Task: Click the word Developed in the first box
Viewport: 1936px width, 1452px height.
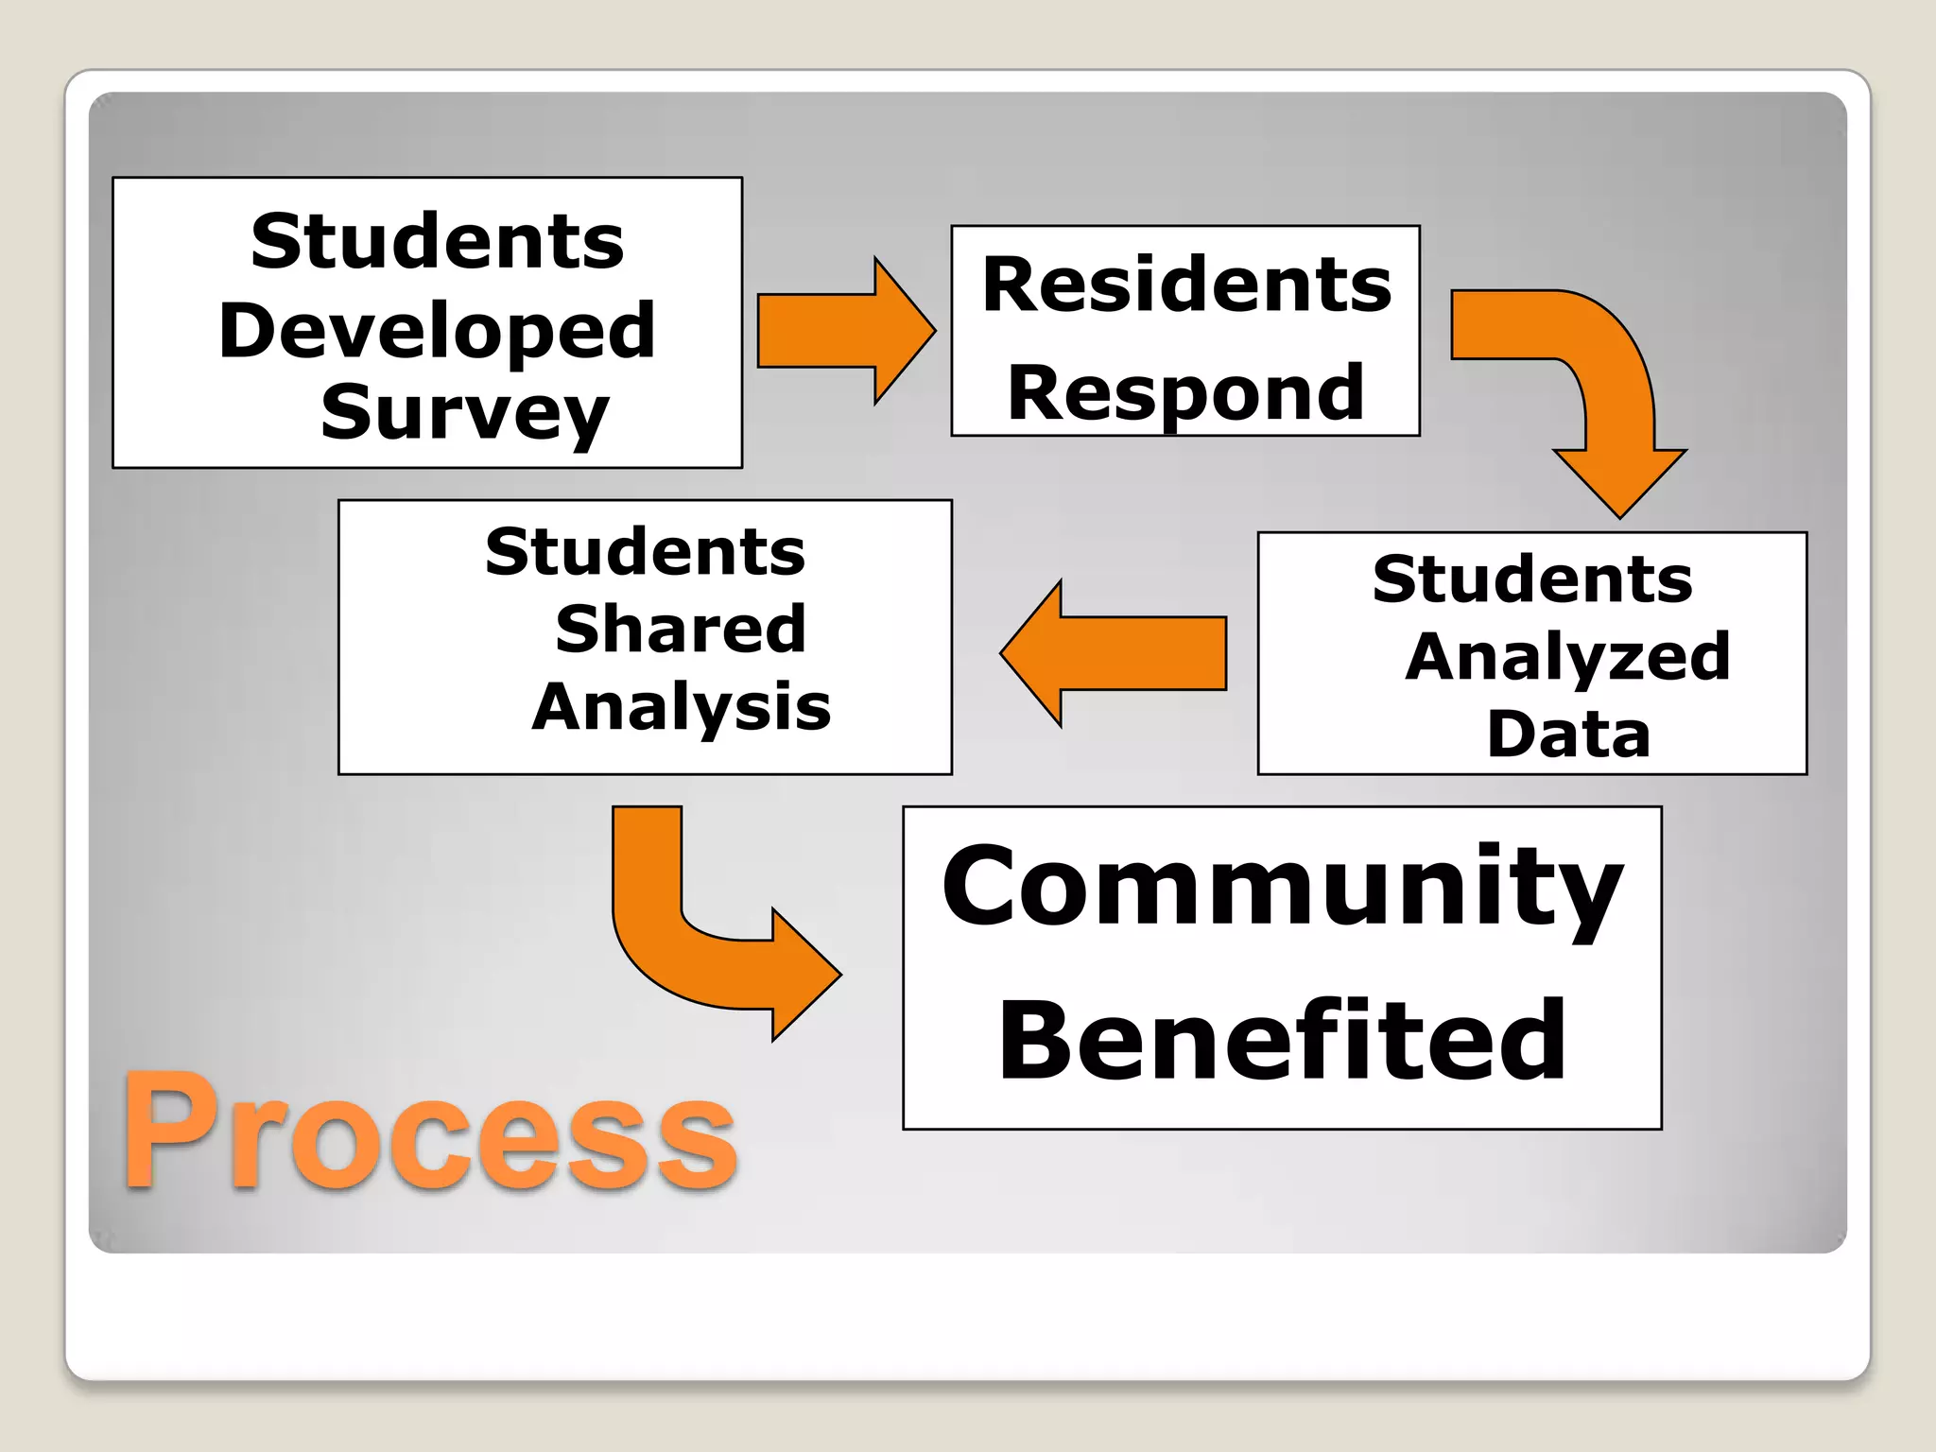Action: [437, 331]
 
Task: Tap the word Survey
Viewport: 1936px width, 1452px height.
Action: [464, 412]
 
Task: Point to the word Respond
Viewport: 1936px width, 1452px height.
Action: [1185, 392]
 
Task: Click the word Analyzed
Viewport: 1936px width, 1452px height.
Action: [1567, 656]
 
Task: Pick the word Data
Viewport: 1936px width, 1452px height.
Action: [1568, 735]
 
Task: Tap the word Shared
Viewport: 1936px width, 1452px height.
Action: [681, 629]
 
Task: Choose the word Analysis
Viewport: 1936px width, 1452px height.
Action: [681, 707]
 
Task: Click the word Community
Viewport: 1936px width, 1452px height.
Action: [1282, 887]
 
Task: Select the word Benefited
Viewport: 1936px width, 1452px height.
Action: [1282, 1040]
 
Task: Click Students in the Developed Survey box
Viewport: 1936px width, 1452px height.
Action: [437, 242]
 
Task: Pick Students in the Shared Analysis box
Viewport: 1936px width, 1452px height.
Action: [645, 552]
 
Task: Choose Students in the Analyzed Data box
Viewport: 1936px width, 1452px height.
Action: [1532, 579]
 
